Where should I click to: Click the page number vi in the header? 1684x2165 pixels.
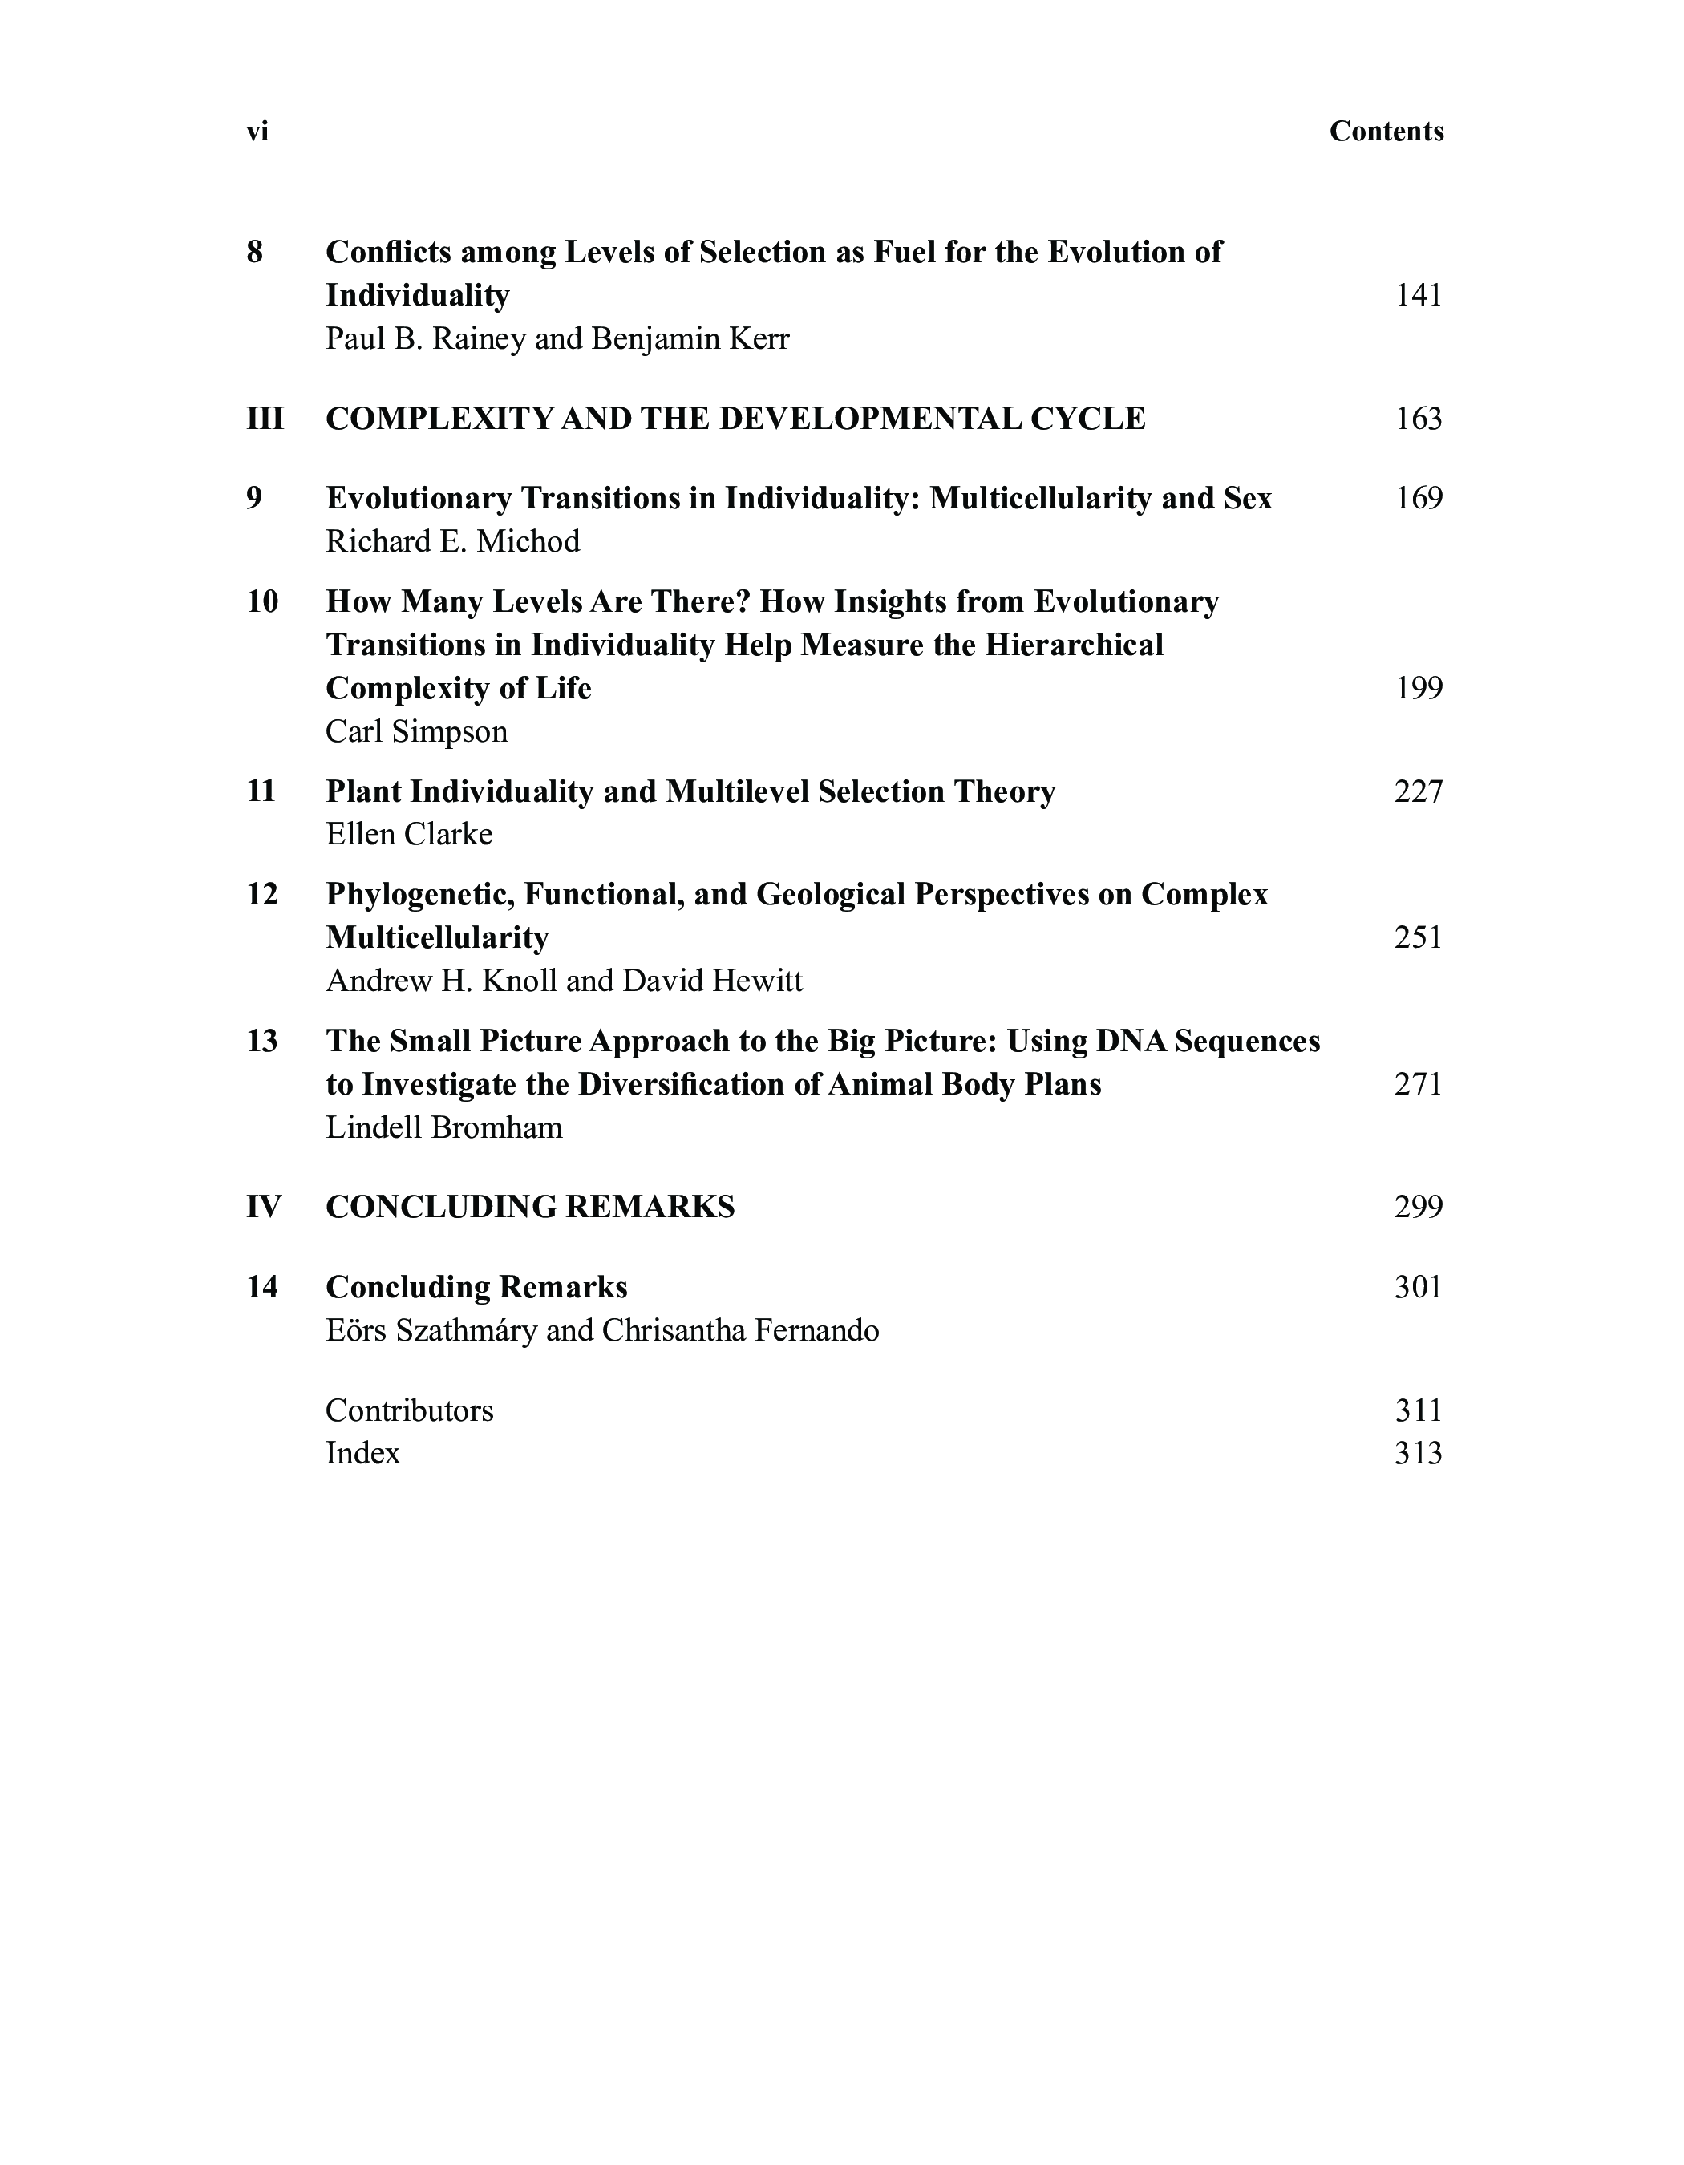257,132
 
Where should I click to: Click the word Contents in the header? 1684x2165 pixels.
1386,132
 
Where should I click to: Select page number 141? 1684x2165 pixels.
1419,295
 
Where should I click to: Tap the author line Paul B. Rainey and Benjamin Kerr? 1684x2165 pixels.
557,339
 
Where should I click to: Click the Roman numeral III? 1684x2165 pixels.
265,419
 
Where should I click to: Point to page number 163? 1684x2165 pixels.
1419,419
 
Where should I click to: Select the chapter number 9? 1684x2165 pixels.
255,498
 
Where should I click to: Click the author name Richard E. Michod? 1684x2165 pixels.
453,541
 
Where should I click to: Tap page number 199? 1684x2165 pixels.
1419,688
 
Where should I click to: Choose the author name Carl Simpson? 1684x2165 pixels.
416,731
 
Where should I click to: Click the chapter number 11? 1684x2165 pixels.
261,791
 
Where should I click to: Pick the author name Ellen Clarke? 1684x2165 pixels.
408,834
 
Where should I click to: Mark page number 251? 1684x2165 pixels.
1419,938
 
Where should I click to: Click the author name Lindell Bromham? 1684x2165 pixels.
443,1127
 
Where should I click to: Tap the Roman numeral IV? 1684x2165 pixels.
264,1207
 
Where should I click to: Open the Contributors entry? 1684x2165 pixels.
408,1410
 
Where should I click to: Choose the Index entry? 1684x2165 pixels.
362,1453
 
